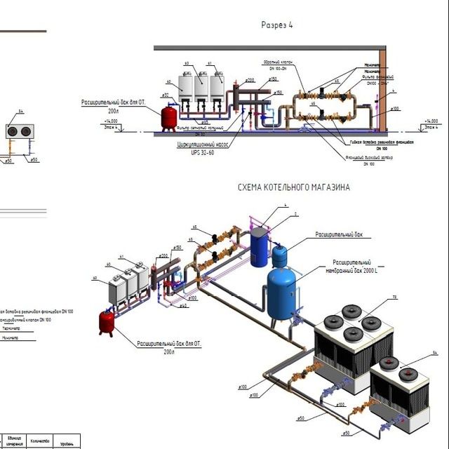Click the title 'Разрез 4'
pos(277,25)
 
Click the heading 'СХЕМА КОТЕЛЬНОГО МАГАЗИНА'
pos(294,188)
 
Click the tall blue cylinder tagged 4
pos(260,246)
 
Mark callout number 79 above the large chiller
pos(394,298)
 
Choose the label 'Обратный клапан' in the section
pos(278,62)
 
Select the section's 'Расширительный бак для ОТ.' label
pos(112,102)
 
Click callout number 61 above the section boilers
pos(210,63)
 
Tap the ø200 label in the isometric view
pos(163,256)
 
